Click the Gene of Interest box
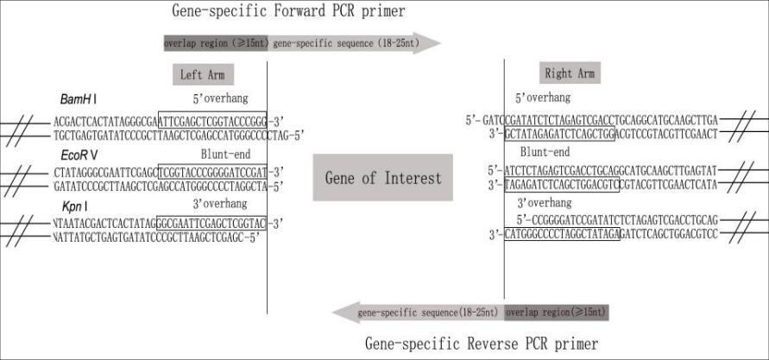coord(382,178)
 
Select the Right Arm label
coord(570,73)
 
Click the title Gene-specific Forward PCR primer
coord(289,11)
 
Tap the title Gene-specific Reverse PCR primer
coord(481,344)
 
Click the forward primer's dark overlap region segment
coord(216,42)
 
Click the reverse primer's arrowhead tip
coord(336,312)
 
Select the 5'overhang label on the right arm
coord(542,98)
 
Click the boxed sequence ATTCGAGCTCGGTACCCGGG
coord(213,119)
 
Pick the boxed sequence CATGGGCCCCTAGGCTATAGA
coord(562,234)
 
